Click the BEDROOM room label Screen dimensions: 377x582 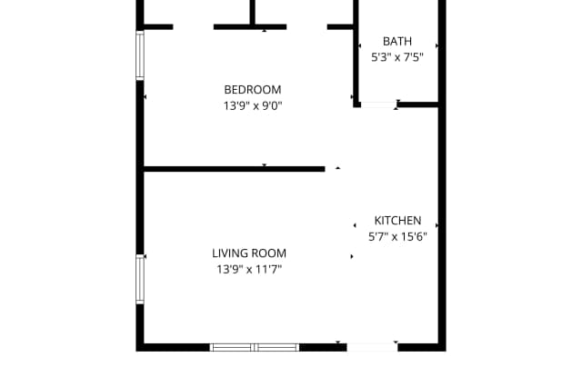(x=252, y=89)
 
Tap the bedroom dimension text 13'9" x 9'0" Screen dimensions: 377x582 (x=252, y=105)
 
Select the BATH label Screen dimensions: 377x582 (x=397, y=41)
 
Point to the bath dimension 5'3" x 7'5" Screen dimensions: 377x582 (x=397, y=56)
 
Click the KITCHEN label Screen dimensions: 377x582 (x=397, y=220)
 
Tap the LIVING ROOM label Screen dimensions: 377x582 (x=249, y=253)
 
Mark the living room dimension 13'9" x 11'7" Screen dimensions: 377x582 (x=249, y=270)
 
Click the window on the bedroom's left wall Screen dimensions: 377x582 (x=140, y=56)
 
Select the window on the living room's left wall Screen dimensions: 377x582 (x=140, y=278)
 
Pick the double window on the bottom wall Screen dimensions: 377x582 (x=255, y=346)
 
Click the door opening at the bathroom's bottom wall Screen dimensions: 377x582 (x=377, y=104)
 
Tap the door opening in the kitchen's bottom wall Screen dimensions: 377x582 (x=371, y=346)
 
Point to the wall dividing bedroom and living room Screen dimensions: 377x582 (x=234, y=168)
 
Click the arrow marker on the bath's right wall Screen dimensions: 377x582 (x=437, y=45)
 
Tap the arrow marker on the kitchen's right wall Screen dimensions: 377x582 (x=437, y=224)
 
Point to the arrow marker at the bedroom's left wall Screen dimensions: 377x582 (x=145, y=96)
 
